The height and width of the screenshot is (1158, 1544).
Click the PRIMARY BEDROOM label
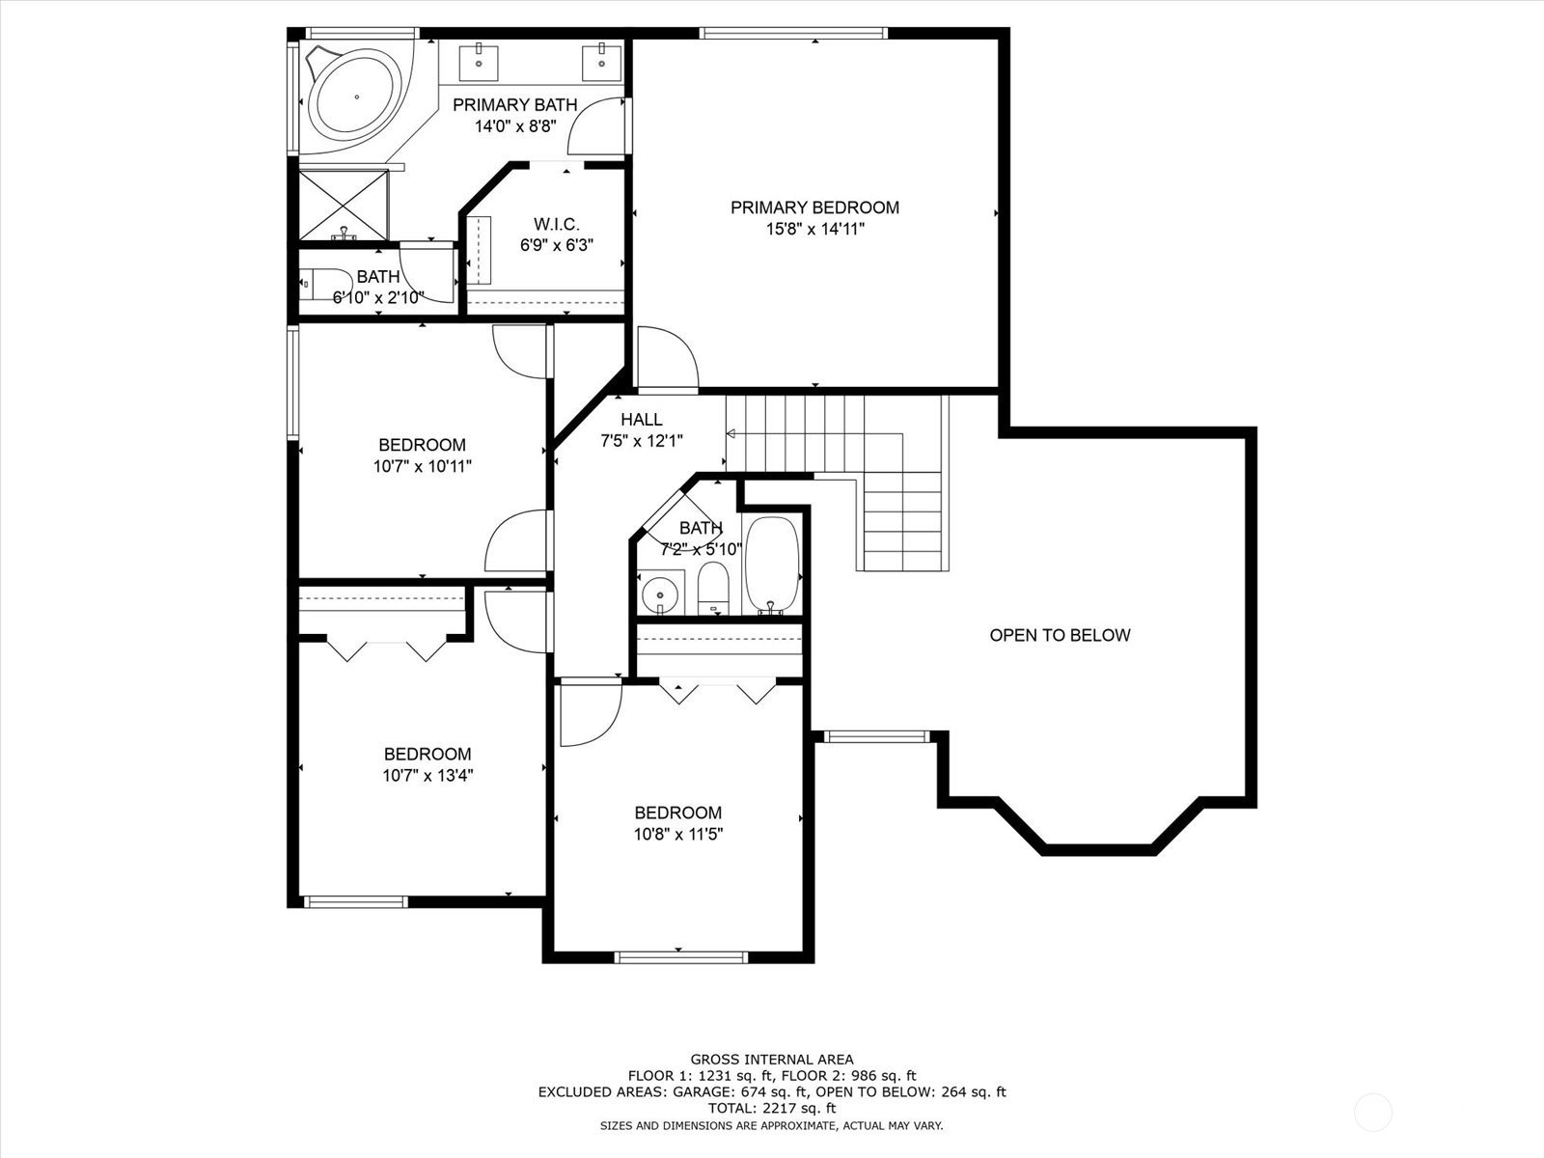click(814, 207)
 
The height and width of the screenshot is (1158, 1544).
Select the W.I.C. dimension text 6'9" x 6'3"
click(557, 245)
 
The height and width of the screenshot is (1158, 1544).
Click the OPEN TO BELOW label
click(1060, 635)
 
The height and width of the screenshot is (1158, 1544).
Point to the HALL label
click(641, 420)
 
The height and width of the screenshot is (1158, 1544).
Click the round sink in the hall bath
click(660, 592)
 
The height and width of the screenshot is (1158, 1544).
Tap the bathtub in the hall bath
click(772, 565)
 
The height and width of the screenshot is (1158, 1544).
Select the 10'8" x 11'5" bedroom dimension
click(678, 834)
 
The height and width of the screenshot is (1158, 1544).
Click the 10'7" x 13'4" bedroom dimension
click(427, 775)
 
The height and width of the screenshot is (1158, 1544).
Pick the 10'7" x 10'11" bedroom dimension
click(422, 465)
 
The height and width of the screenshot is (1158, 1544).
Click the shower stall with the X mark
click(344, 205)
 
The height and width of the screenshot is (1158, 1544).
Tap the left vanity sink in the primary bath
click(479, 64)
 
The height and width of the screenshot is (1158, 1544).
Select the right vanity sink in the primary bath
click(602, 64)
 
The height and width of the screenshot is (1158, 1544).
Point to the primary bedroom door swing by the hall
click(668, 357)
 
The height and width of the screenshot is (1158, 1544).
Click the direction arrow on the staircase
click(731, 434)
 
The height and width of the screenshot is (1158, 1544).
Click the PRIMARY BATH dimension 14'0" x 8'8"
click(515, 126)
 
